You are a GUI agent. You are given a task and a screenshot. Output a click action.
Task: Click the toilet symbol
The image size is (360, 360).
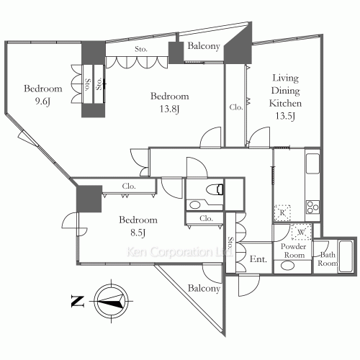click(215, 189)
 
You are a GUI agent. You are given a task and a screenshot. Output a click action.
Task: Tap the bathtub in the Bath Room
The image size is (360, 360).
click(346, 256)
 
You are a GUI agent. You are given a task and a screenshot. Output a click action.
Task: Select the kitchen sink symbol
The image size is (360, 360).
click(312, 163)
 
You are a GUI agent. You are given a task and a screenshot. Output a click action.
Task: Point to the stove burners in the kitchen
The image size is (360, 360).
click(312, 207)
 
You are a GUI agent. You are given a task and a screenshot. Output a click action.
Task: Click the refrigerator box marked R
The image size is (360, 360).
click(282, 213)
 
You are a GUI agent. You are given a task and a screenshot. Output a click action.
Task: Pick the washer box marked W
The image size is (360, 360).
click(301, 232)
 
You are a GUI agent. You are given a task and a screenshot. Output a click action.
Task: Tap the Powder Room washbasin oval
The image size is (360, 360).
click(287, 266)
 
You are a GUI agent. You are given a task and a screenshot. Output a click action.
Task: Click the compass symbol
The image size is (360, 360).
click(111, 301)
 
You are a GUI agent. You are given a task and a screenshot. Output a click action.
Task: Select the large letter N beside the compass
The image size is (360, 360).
click(78, 302)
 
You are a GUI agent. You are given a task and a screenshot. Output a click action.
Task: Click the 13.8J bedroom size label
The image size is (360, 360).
click(169, 109)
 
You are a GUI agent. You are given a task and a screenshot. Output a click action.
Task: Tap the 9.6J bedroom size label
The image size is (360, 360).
click(42, 102)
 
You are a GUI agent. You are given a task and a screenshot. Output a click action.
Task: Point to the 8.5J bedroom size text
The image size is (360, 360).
click(138, 233)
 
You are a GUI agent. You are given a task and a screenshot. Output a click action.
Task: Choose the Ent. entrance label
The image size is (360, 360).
click(258, 259)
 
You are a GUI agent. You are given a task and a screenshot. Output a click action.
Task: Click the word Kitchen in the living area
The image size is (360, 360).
click(285, 104)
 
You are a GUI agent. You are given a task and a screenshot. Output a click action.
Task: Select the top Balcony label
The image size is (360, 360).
click(204, 46)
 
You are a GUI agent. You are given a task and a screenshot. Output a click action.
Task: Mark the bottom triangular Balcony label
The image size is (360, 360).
click(204, 288)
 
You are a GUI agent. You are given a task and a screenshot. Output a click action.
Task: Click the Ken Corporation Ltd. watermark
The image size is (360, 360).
click(179, 252)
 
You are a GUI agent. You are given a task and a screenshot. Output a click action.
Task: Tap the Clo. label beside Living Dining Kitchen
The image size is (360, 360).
click(236, 107)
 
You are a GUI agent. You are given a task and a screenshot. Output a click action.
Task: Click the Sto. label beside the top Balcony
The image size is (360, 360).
click(141, 49)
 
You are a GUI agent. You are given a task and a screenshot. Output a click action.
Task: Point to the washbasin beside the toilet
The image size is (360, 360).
click(194, 205)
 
